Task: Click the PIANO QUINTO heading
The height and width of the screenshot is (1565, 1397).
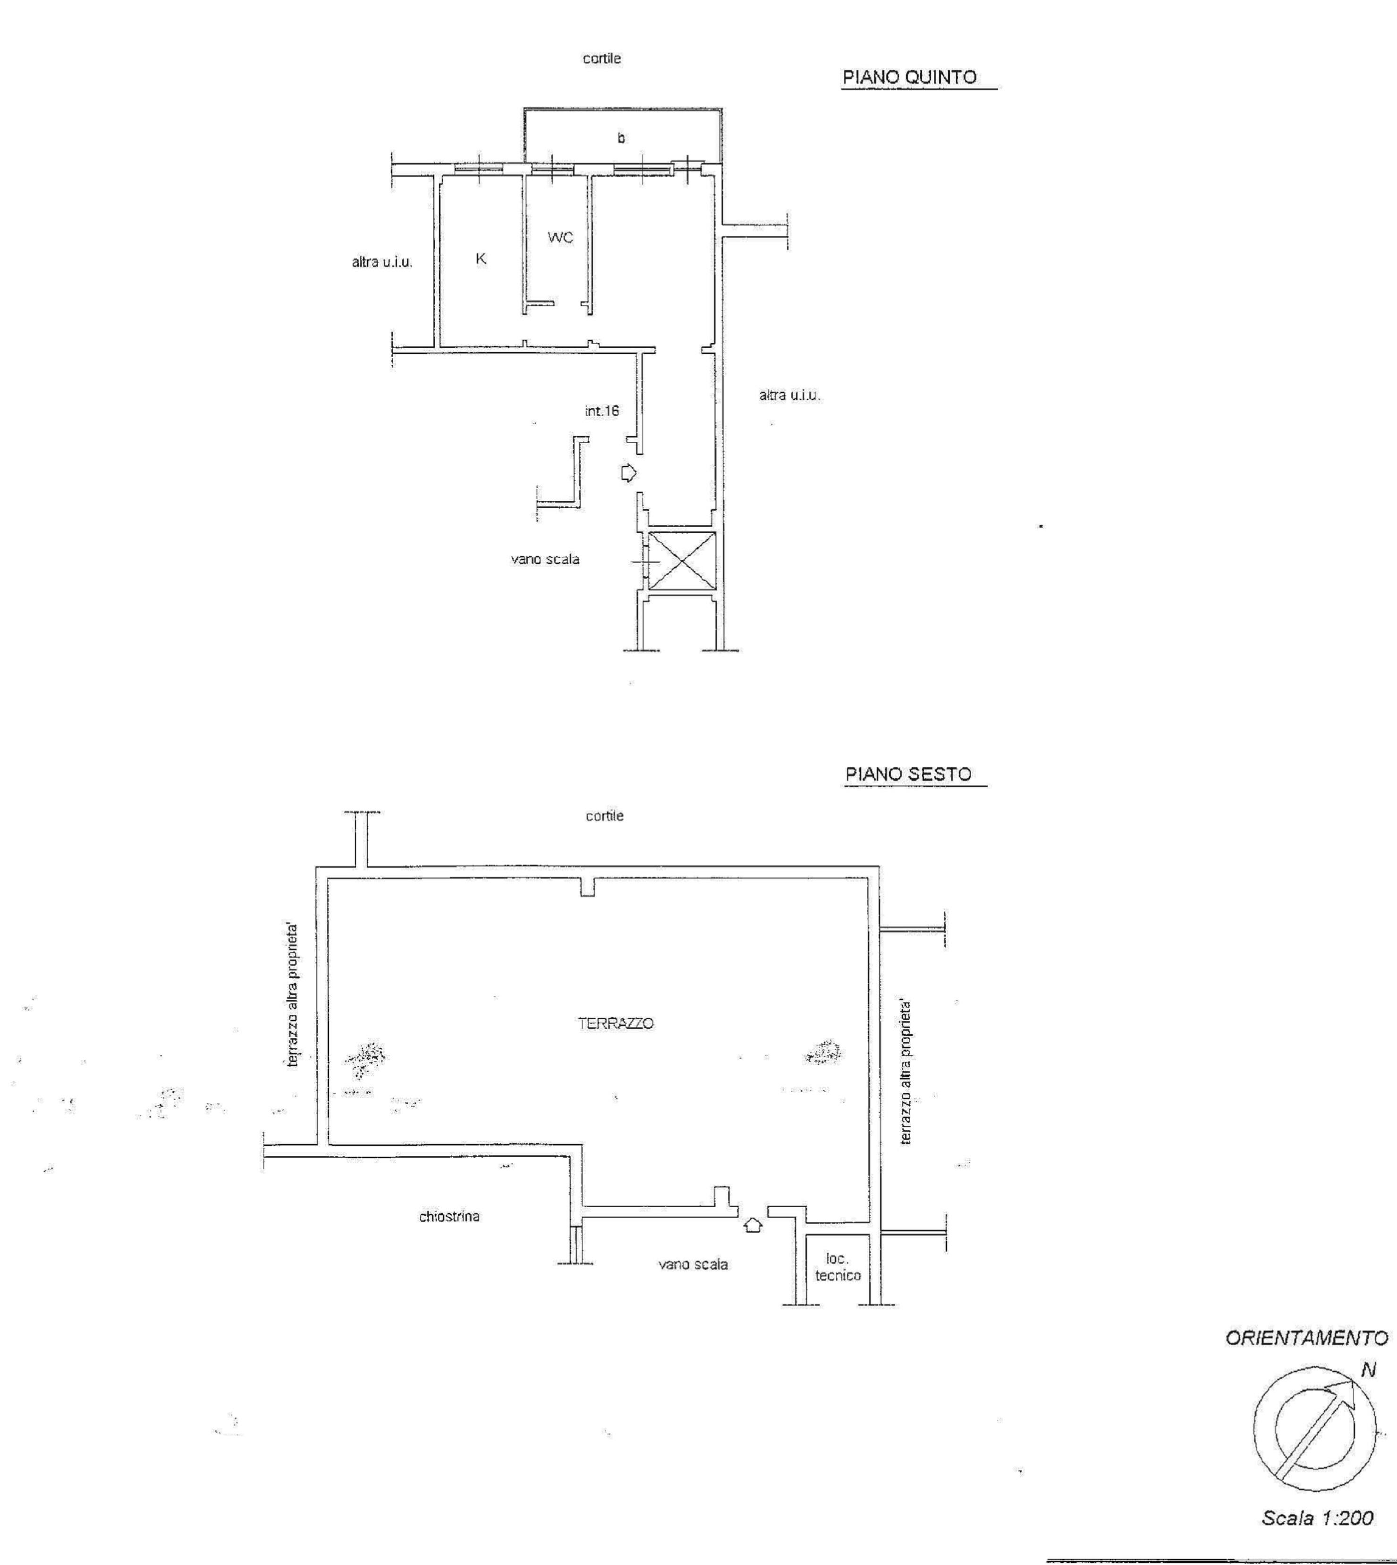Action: [x=910, y=77]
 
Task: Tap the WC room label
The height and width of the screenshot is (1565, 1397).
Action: [x=560, y=238]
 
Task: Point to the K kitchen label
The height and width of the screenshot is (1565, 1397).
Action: [x=481, y=259]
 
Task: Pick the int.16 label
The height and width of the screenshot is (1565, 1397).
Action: [x=602, y=411]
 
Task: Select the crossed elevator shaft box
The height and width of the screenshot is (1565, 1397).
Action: [x=682, y=561]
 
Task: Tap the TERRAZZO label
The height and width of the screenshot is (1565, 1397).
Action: [x=616, y=1023]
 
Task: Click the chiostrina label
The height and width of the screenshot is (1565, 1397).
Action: [x=450, y=1217]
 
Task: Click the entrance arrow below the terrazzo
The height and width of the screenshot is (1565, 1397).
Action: [x=754, y=1225]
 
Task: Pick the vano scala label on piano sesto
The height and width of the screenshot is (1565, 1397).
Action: [x=693, y=1264]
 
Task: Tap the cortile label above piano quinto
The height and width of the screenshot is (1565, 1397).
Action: [x=602, y=59]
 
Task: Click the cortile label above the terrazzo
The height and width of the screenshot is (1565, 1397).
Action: [x=605, y=816]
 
